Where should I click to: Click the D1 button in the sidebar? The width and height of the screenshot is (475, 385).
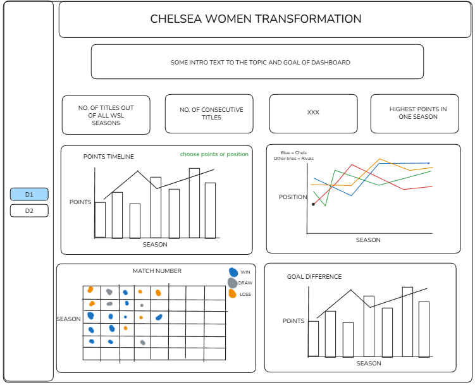(x=29, y=195)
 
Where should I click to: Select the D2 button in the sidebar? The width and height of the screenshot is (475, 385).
(x=29, y=211)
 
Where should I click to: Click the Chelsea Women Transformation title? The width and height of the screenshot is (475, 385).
(x=256, y=19)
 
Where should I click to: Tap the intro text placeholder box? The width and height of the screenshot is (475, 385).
(x=257, y=62)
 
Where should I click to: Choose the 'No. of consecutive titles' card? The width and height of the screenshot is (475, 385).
(x=209, y=114)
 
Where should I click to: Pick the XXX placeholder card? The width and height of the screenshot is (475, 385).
(x=313, y=113)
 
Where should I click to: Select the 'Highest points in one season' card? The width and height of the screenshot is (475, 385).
(x=415, y=113)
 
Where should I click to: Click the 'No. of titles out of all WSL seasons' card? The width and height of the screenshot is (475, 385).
(x=106, y=115)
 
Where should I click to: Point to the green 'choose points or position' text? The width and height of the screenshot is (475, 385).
(x=214, y=154)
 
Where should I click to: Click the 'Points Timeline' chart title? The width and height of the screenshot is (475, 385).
(x=109, y=157)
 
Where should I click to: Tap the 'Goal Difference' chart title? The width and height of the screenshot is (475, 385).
(x=314, y=277)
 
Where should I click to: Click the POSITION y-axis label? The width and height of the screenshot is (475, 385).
(x=293, y=197)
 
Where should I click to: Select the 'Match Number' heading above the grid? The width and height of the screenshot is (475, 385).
(x=157, y=271)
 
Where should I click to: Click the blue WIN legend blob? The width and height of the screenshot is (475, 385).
(x=233, y=272)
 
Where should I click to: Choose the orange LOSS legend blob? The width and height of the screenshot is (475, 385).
(x=232, y=293)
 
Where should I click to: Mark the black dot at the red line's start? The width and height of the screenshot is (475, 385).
(x=313, y=204)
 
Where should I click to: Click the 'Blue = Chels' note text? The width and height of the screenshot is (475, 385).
(x=293, y=153)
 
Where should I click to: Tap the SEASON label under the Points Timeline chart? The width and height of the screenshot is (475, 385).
(x=155, y=245)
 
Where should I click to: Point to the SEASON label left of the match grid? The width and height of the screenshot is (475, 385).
(x=69, y=319)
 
